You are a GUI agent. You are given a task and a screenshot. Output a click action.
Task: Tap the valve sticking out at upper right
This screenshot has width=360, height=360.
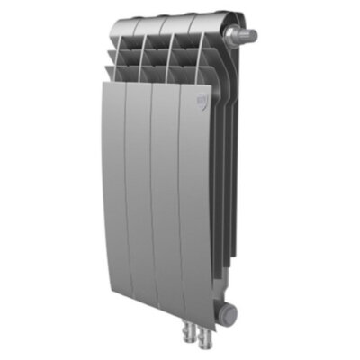pyautogui.click(x=244, y=37)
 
